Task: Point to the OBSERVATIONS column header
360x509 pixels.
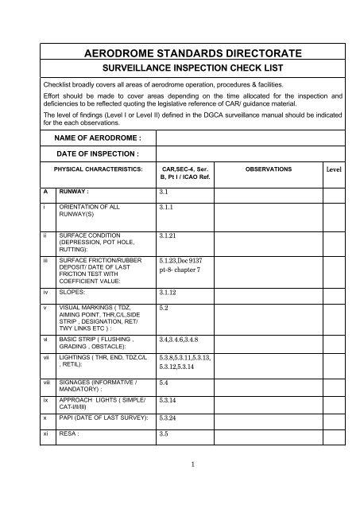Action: (269, 170)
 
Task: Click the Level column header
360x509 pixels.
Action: (335, 170)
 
